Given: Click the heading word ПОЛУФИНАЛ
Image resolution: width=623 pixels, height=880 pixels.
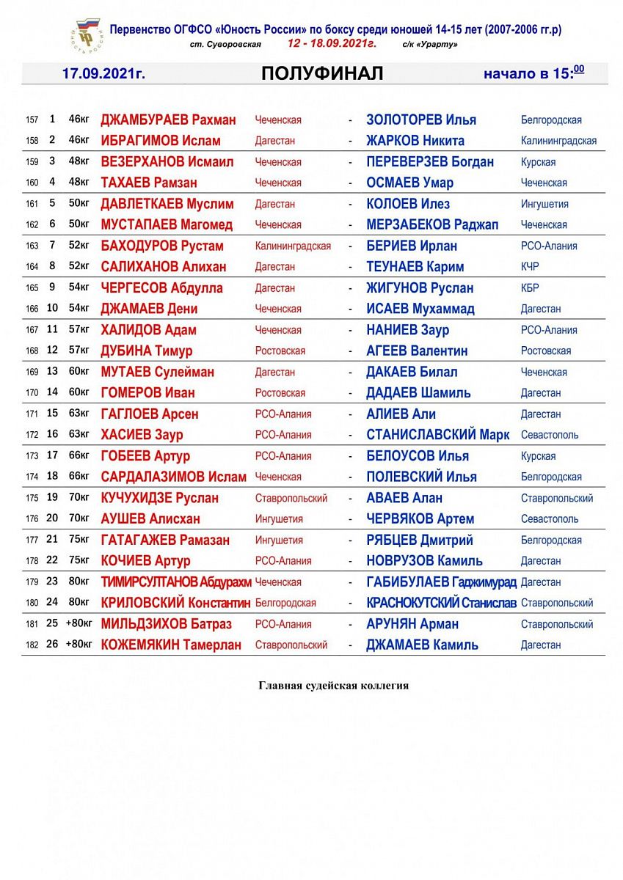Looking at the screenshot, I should coord(321,73).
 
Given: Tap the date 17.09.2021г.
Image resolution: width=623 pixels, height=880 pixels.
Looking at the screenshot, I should coord(103,74).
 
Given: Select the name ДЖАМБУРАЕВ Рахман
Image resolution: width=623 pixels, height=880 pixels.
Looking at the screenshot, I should coord(168,120).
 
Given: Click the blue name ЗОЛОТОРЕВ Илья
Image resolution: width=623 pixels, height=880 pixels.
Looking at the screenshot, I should coord(421,120).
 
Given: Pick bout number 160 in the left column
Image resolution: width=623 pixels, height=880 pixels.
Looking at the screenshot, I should coord(32,183).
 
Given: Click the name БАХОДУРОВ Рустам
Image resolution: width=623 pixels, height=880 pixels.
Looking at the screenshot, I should coord(162,246).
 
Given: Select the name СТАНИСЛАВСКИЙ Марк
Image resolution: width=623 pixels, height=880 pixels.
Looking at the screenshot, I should coord(437,435).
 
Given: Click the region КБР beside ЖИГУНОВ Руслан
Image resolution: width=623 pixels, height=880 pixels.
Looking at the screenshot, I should coord(531,288).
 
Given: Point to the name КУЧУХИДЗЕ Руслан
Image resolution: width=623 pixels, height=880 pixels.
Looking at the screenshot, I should coord(159,498).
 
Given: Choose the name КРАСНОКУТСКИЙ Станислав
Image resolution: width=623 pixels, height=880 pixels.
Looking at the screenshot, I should coord(441,603).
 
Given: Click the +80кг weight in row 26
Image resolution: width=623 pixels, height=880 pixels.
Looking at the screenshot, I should coord(79,645).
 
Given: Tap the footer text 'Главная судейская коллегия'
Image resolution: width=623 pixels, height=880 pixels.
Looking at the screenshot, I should coord(333,686).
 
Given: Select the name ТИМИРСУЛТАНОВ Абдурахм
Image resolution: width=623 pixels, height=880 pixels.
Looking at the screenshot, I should coord(176,582).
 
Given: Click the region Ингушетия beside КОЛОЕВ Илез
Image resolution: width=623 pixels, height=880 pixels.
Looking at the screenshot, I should coord(544,204).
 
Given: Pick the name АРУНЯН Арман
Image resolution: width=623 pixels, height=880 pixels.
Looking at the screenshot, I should coord(412,624).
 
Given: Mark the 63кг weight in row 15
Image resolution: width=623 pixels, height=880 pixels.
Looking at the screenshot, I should coord(79,414).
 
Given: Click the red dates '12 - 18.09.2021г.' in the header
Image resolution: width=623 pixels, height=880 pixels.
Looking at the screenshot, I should coord(332,44).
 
